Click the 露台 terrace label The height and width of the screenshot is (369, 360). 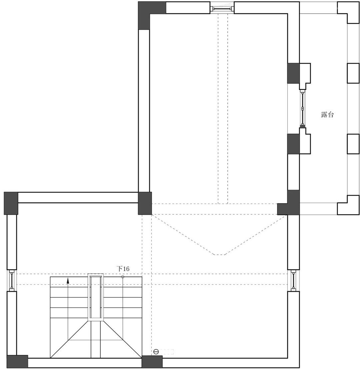[327, 115]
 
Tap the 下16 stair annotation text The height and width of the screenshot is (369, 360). [123, 268]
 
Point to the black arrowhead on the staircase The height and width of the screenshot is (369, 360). [68, 280]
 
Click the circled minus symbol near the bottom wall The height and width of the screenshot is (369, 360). [156, 352]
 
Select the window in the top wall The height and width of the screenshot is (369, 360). [222, 8]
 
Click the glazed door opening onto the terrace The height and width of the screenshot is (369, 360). [302, 109]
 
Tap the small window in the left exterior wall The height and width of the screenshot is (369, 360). [12, 280]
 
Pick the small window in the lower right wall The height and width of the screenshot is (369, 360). [293, 280]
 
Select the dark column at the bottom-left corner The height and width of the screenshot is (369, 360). [17, 361]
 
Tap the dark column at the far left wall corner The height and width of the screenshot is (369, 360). [11, 203]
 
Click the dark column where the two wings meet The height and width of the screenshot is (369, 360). [145, 203]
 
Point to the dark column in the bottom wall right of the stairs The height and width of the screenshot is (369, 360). [152, 362]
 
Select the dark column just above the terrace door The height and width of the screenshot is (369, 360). [293, 73]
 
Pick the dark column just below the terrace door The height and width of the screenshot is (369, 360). [293, 144]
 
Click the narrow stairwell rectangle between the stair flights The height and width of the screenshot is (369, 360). [95, 297]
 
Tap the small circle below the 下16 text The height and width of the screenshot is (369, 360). [123, 277]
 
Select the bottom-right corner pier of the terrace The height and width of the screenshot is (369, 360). [348, 205]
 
